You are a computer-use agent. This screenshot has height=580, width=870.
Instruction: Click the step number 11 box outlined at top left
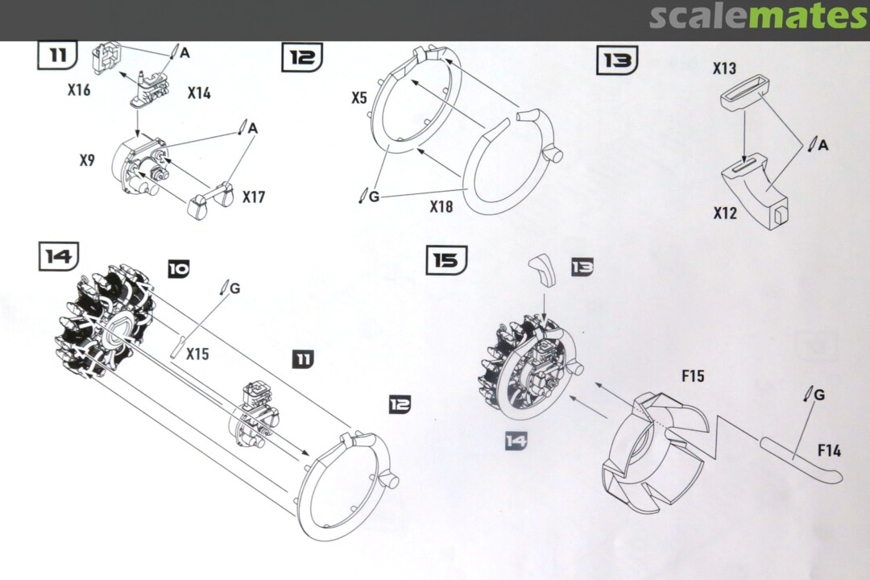(x=57, y=55)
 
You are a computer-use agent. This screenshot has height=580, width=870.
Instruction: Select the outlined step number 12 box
(x=302, y=57)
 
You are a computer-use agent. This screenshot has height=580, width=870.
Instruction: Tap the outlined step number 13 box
(x=616, y=60)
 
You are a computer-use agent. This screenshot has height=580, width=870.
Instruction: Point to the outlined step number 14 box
(x=59, y=256)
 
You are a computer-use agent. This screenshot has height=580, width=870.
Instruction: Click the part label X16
(x=79, y=89)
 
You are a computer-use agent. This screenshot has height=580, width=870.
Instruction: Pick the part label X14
(x=199, y=93)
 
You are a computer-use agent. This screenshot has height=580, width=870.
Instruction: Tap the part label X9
(x=87, y=160)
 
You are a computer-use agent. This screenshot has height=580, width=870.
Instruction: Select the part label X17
(x=255, y=197)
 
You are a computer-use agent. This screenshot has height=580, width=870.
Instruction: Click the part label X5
(x=359, y=98)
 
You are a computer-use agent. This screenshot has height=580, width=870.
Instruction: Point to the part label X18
(x=441, y=207)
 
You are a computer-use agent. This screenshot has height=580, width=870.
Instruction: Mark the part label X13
(x=724, y=69)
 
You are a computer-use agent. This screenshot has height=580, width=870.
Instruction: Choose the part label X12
(x=725, y=213)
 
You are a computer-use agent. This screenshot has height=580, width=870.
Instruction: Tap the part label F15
(x=692, y=376)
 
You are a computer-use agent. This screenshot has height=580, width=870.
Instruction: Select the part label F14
(x=828, y=450)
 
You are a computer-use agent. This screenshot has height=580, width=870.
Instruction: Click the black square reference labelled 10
(x=179, y=269)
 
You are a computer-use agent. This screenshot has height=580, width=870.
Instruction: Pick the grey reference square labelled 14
(x=516, y=440)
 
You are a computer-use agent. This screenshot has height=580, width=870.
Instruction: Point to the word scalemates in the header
(x=758, y=17)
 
